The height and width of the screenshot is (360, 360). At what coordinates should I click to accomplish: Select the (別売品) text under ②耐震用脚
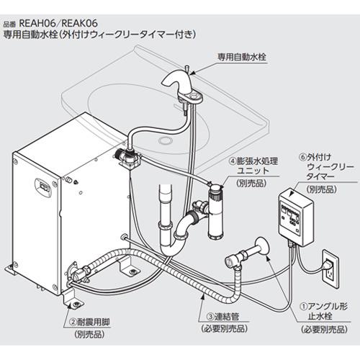[x=89, y=335]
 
